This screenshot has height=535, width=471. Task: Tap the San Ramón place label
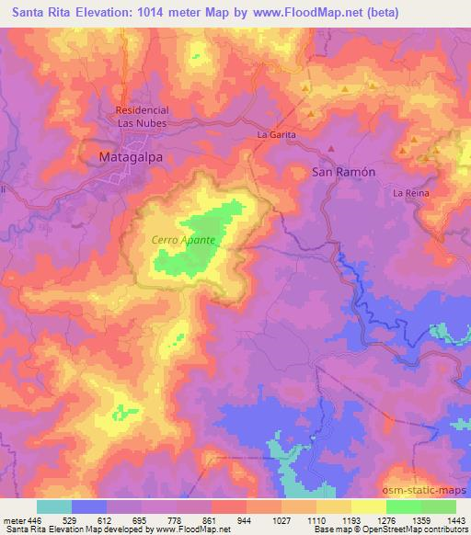344,172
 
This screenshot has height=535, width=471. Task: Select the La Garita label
276,135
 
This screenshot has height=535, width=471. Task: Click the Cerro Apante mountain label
184,240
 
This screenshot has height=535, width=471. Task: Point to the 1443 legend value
454,519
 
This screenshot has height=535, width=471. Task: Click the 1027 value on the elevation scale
281,519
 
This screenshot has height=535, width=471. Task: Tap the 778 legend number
177,519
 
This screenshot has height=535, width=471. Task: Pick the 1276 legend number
385,519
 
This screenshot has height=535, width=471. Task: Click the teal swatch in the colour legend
54,507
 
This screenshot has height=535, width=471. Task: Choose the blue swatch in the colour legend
89,507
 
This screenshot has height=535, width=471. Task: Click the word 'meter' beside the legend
12,519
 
